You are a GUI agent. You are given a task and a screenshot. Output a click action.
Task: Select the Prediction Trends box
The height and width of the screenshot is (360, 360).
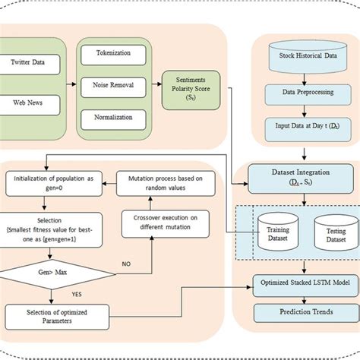tap(304, 312)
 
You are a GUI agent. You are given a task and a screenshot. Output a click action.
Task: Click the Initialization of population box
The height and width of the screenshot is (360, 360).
tap(54, 182)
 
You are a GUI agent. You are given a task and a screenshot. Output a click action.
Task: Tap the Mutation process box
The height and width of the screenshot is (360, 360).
tap(161, 182)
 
